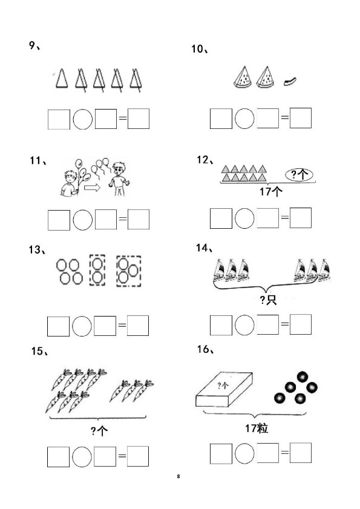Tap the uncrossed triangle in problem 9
tap(61, 79)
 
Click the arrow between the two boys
tap(92, 188)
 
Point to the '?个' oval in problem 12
tap(299, 175)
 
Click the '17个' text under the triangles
tap(270, 192)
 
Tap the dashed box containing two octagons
tap(97, 271)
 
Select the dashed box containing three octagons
tap(128, 271)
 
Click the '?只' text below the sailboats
tap(269, 300)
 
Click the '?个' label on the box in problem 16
tap(223, 386)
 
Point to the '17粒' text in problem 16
tap(257, 428)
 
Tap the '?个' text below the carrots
tap(99, 431)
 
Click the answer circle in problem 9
tap(83, 119)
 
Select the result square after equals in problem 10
tap(301, 118)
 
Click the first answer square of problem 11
tap(59, 220)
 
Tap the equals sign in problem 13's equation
tap(122, 324)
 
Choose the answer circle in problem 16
tap(244, 453)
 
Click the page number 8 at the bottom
tap(178, 476)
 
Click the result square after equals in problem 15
tap(138, 456)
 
